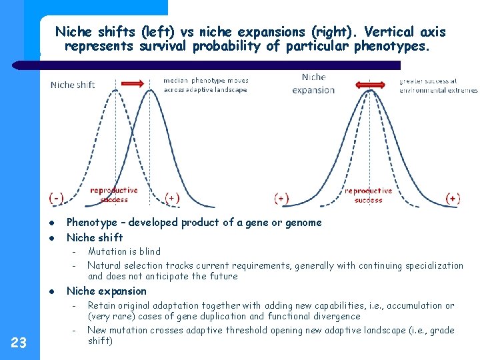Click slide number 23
[x=19, y=343]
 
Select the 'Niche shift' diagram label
[x=73, y=85]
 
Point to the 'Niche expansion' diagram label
[x=313, y=83]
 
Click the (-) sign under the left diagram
[x=57, y=198]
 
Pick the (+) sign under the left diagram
[x=173, y=198]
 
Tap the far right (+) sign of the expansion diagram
[x=453, y=198]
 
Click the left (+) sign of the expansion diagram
[x=282, y=198]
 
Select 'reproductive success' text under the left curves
[x=114, y=194]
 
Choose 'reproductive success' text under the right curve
[x=368, y=195]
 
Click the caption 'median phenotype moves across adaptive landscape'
[x=205, y=85]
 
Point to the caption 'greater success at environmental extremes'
[x=438, y=85]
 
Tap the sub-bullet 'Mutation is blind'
[x=124, y=251]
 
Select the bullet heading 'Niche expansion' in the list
[x=107, y=291]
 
